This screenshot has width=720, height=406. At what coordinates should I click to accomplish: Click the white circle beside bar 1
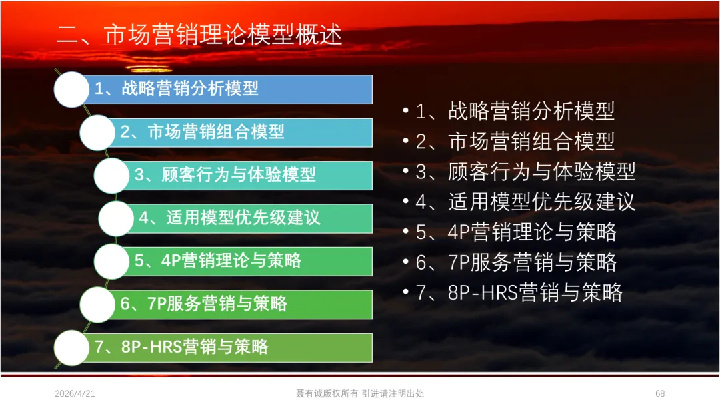point(71,89)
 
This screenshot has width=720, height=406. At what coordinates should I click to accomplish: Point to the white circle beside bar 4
point(116,218)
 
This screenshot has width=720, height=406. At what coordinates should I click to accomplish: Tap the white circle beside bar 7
point(71,348)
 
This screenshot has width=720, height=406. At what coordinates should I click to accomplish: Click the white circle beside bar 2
point(97,132)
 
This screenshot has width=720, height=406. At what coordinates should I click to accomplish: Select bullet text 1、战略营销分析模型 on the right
point(515,112)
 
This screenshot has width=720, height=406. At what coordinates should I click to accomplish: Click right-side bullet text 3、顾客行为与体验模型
point(525,172)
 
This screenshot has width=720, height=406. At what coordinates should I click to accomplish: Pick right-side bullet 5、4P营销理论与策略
point(516,232)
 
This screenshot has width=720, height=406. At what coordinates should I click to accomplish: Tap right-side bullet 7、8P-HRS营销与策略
point(519,293)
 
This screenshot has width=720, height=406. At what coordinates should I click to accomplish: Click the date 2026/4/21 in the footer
point(75,393)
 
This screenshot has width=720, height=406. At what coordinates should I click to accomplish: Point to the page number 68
point(660,393)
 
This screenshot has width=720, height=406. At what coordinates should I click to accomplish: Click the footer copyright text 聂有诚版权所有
point(327,393)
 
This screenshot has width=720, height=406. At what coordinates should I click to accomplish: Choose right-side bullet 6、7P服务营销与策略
point(516,262)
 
